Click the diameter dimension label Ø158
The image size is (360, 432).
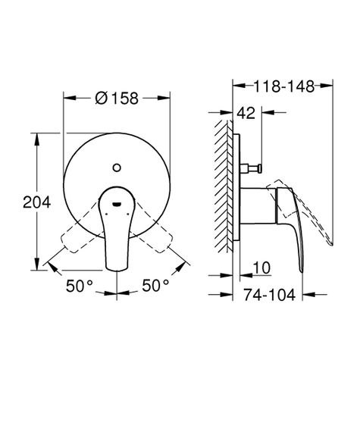click(x=115, y=98)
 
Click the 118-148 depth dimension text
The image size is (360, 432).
click(x=283, y=86)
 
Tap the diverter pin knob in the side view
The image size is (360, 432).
click(x=258, y=167)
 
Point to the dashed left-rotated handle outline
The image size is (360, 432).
click(x=79, y=235)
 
